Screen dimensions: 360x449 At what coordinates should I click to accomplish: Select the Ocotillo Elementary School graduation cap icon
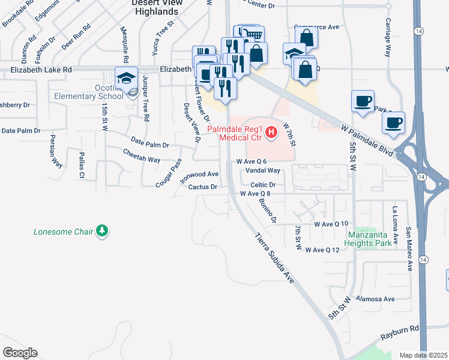coord(127,79)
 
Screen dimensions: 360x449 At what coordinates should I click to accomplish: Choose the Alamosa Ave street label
coord(375,299)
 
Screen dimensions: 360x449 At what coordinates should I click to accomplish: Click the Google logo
coord(20,352)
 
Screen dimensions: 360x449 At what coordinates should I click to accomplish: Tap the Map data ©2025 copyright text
coord(423,355)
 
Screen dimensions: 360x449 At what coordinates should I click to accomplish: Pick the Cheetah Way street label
coord(142,160)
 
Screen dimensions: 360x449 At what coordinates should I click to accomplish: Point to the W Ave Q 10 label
coord(331,224)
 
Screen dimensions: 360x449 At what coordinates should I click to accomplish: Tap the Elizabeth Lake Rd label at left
coord(41,70)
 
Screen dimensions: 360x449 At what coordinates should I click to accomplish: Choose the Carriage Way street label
coord(388,43)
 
